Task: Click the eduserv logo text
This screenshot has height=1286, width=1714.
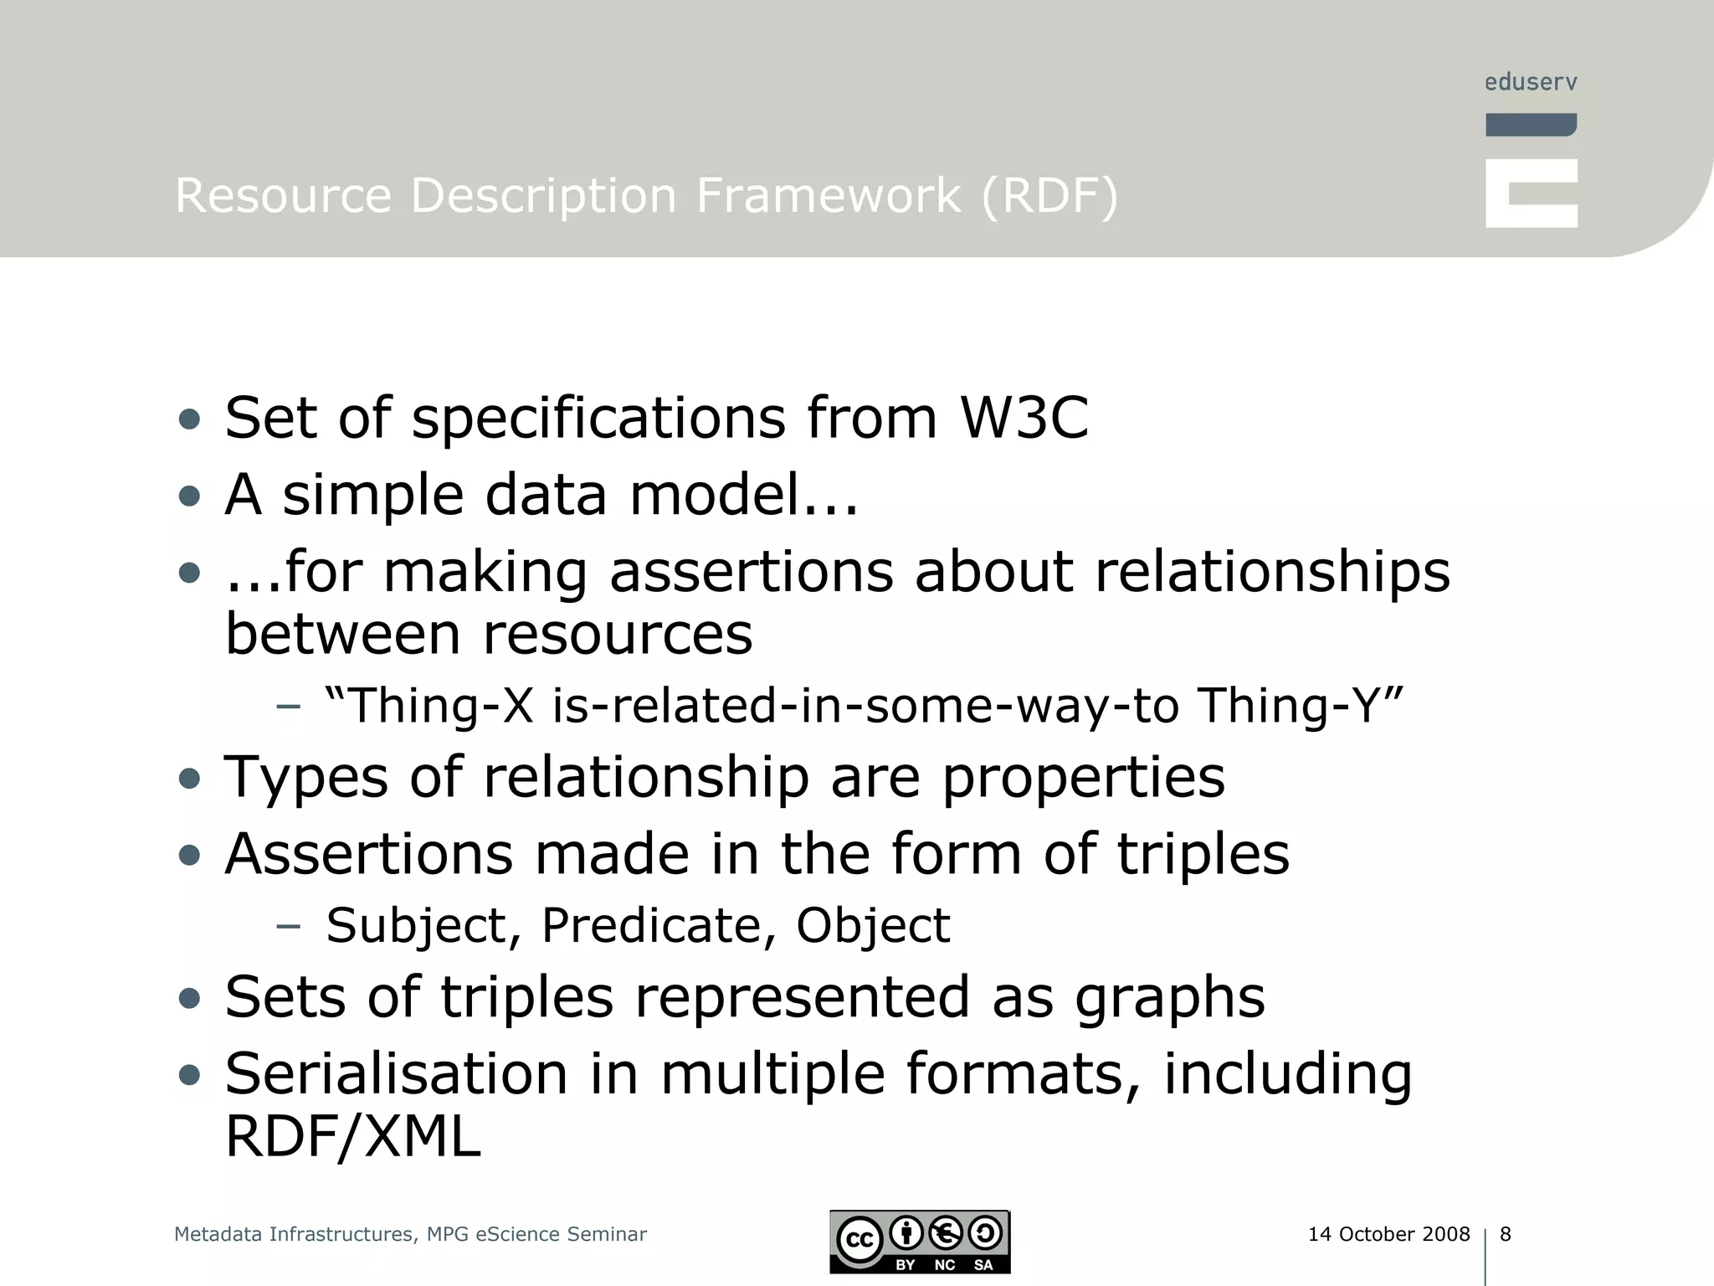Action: tap(1531, 82)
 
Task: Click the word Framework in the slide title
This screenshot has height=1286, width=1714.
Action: tap(829, 196)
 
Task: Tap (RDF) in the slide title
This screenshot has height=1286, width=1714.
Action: tap(1049, 196)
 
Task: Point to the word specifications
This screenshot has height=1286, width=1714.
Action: tap(598, 419)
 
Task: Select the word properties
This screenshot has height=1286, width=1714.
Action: tap(1084, 779)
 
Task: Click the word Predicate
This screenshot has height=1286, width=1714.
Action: tap(650, 926)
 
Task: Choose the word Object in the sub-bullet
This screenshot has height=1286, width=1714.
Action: tap(873, 926)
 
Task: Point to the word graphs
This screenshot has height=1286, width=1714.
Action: tap(1170, 999)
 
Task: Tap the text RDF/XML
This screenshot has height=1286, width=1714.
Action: tap(353, 1137)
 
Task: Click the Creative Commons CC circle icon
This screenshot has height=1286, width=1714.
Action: tap(860, 1239)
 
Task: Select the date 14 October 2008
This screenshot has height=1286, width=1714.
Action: tap(1388, 1234)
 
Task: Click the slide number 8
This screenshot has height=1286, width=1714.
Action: tap(1506, 1234)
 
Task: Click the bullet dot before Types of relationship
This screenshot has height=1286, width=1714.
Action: tap(190, 779)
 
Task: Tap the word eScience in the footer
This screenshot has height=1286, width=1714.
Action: tap(518, 1234)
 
